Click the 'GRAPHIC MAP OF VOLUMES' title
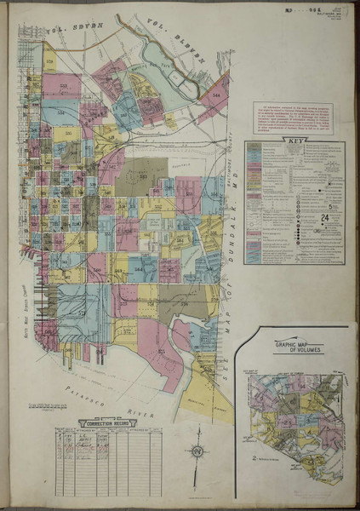tap(297, 348)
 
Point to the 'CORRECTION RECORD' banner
tap(108, 422)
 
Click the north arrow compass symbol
tap(196, 451)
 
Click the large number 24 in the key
tap(325, 219)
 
